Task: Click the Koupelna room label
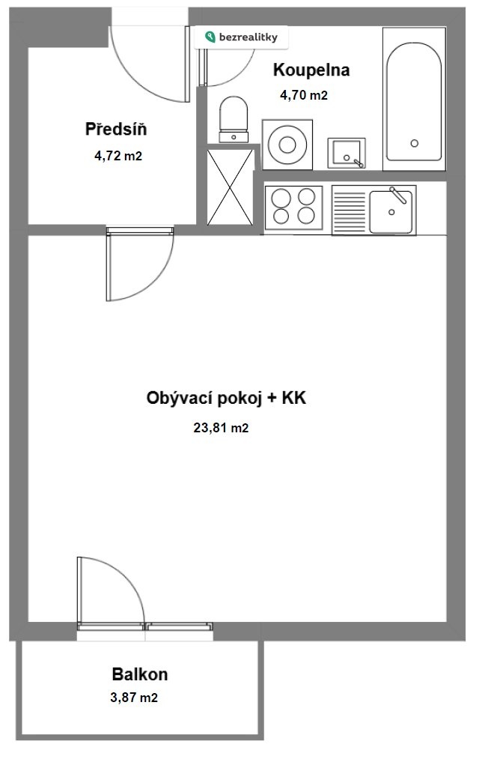click(x=311, y=70)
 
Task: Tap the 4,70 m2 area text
click(x=304, y=95)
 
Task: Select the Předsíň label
click(x=116, y=129)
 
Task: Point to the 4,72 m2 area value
click(x=118, y=156)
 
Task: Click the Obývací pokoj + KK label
click(x=226, y=399)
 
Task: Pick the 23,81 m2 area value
click(x=221, y=428)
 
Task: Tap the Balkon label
click(x=140, y=674)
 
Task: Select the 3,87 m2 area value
click(x=134, y=698)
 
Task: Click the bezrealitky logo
click(x=241, y=37)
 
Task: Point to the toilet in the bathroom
click(x=234, y=120)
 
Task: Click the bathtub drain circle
click(x=414, y=143)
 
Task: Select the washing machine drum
click(x=287, y=145)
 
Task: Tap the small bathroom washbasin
click(x=346, y=153)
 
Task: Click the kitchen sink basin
click(x=391, y=212)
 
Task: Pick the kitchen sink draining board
click(x=350, y=211)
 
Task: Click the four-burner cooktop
click(x=293, y=207)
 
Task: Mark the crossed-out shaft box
click(x=230, y=187)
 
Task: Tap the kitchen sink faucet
click(x=398, y=194)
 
